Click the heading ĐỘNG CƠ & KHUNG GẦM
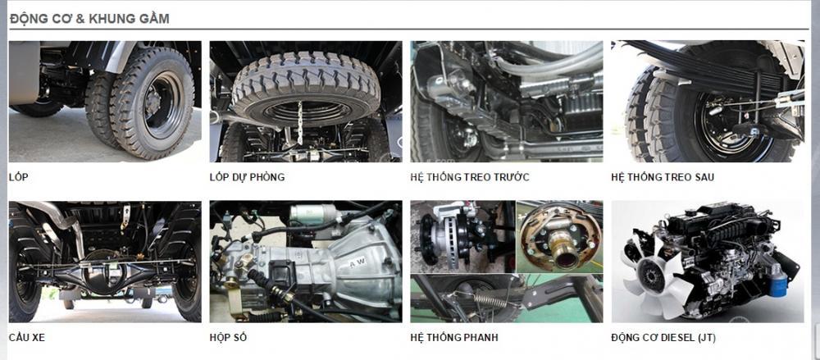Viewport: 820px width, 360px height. point(89,19)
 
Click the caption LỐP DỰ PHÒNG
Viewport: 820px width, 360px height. point(247,177)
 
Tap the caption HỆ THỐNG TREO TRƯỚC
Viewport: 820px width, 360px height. point(470,177)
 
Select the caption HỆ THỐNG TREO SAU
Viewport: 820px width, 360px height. point(662,177)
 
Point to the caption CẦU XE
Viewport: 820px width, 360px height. point(27,338)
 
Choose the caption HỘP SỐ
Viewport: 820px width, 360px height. point(228,338)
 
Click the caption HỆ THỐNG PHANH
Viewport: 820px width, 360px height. point(454,338)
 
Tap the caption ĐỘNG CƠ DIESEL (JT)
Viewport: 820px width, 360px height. point(663,338)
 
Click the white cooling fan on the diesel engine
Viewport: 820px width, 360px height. point(652,272)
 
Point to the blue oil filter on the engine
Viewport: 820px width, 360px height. point(777,285)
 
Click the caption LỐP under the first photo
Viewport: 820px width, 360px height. point(18,177)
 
